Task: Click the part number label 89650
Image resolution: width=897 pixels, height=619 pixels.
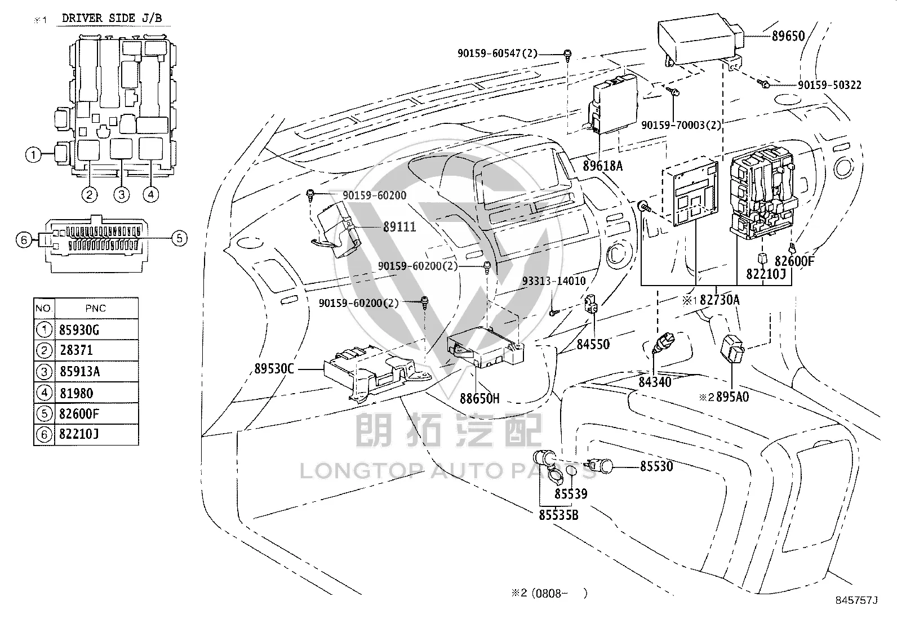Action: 788,36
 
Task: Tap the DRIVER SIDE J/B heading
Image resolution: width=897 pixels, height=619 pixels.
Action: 112,18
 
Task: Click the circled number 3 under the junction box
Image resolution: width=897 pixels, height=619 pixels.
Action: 122,194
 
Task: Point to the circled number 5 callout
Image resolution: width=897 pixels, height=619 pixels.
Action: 179,238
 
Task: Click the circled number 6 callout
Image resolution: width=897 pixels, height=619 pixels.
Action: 24,240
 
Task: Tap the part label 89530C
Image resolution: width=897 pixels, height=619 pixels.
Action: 274,368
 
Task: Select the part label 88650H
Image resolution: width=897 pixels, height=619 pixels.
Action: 479,398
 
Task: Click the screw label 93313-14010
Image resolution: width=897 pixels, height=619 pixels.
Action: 554,280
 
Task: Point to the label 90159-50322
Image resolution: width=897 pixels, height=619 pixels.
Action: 829,85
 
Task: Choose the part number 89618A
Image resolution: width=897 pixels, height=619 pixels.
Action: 603,166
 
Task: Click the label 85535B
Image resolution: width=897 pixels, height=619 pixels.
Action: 558,514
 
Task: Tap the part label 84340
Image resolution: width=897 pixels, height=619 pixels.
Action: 655,382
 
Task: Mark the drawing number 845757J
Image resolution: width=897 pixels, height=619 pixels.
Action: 856,600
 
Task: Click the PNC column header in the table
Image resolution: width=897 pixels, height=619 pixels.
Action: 96,308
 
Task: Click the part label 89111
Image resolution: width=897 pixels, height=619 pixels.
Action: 399,227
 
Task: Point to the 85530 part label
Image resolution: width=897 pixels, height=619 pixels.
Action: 656,466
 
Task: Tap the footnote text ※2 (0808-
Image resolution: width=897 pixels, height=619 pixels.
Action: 539,593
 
